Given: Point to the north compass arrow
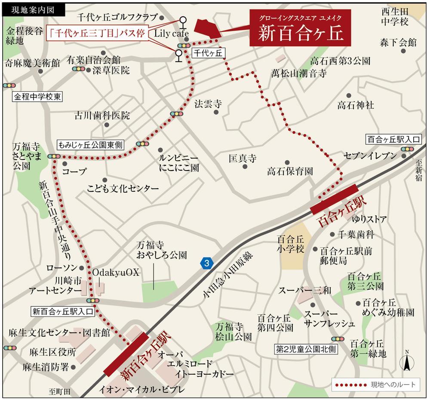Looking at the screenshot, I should [x=405, y=362].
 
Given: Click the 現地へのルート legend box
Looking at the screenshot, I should [x=375, y=384].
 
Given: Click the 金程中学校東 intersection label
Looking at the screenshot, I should [x=37, y=97].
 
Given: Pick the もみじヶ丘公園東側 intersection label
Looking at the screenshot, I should [x=90, y=145].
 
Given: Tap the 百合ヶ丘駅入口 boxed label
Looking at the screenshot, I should [x=393, y=139].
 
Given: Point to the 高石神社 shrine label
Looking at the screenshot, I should [x=356, y=105].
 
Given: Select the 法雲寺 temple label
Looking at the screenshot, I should [x=208, y=104].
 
